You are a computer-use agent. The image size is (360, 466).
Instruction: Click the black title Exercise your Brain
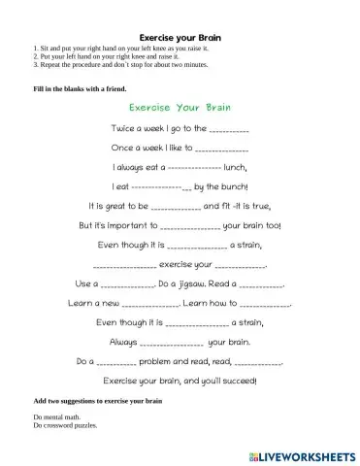point(180,35)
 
